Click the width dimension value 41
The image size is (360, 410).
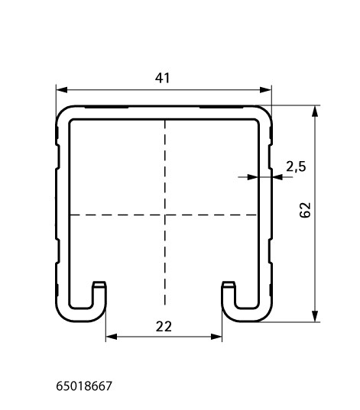click(162, 78)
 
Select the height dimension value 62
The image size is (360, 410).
click(305, 210)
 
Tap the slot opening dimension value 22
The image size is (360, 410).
click(164, 327)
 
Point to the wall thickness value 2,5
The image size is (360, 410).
click(296, 166)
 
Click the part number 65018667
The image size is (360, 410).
click(84, 386)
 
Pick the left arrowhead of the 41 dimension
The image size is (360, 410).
click(62, 90)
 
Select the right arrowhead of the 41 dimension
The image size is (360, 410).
click(265, 90)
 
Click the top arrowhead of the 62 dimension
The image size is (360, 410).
click(315, 111)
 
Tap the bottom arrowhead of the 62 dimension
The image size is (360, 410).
click(315, 316)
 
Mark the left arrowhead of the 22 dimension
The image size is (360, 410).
click(112, 337)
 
